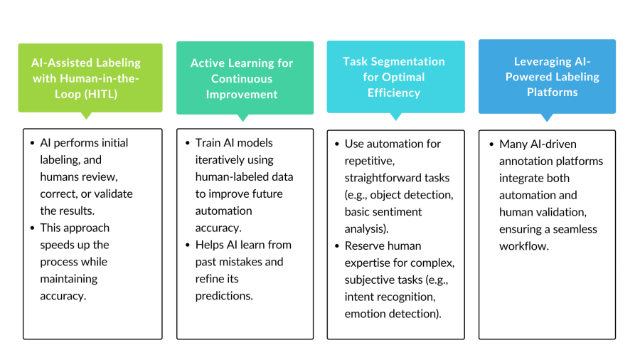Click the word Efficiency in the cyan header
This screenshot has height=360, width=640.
pyautogui.click(x=394, y=92)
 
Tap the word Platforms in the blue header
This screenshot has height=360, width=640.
pyautogui.click(x=553, y=92)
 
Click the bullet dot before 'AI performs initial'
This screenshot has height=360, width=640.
pyautogui.click(x=32, y=143)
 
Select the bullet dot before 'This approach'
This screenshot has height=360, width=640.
pyautogui.click(x=32, y=228)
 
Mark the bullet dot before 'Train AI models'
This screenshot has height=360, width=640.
pyautogui.click(x=187, y=143)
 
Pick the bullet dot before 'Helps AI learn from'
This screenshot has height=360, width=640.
pyautogui.click(x=187, y=245)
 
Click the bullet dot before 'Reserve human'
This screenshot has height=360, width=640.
pyautogui.click(x=336, y=246)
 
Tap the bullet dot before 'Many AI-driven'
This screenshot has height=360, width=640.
pyautogui.click(x=491, y=144)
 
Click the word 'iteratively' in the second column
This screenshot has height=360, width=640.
pyautogui.click(x=223, y=160)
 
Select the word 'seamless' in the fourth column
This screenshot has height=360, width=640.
pyautogui.click(x=575, y=229)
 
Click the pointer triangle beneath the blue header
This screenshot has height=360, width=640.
pyautogui.click(x=547, y=117)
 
